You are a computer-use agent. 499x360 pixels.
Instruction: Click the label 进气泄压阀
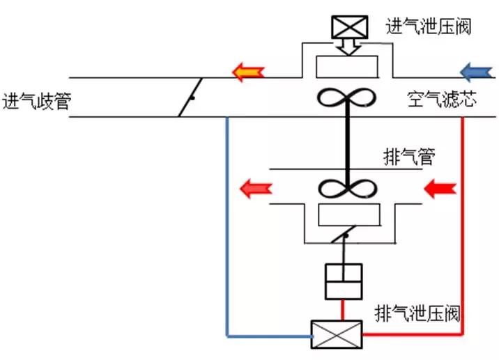pyautogui.click(x=428, y=26)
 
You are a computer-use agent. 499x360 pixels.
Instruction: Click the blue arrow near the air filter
pyautogui.click(x=477, y=70)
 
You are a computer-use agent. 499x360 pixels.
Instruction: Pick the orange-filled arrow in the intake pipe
pyautogui.click(x=248, y=70)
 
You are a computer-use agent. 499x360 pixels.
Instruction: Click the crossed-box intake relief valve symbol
pyautogui.click(x=346, y=27)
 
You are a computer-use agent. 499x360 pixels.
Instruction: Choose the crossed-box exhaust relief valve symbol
pyautogui.click(x=337, y=334)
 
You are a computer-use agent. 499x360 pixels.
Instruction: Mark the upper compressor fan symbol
pyautogui.click(x=346, y=100)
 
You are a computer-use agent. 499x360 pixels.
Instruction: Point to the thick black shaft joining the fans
pyautogui.click(x=346, y=143)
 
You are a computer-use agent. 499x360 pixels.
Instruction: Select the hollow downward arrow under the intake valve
pyautogui.click(x=346, y=46)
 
